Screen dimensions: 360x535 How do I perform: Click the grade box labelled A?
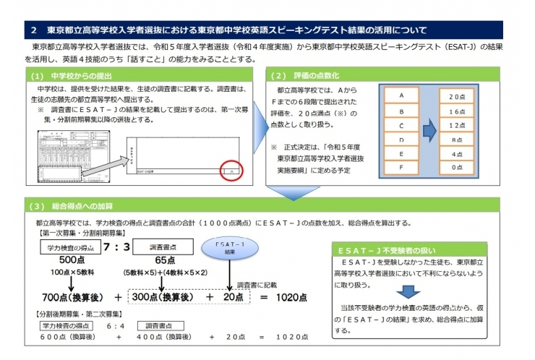(x=401, y=95)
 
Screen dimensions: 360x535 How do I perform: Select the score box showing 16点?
(x=456, y=111)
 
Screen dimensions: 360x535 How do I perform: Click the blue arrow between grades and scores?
(x=428, y=131)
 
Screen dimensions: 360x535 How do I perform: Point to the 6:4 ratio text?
(x=112, y=326)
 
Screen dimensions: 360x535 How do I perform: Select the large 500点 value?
(x=72, y=260)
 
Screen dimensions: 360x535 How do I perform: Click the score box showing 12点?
(x=456, y=125)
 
